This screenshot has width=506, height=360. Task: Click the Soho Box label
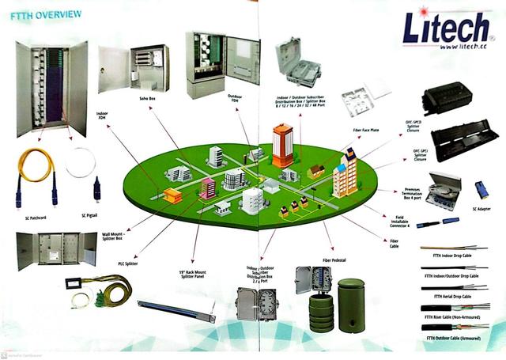coord(147,98)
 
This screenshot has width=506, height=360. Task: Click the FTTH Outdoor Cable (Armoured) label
coord(455,338)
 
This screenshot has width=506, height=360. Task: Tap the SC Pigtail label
coord(94,214)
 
